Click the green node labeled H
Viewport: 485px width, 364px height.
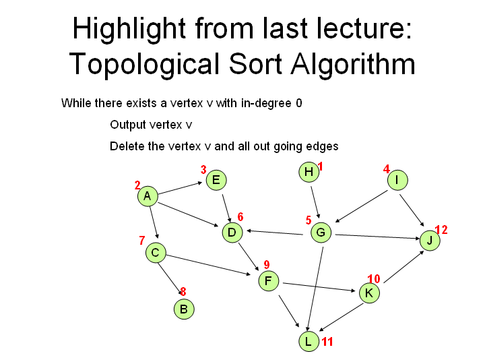(309, 172)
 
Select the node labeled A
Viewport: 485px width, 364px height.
(148, 196)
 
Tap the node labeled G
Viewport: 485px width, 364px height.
(321, 233)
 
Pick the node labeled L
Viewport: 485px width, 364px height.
(309, 341)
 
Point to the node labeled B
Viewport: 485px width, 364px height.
(184, 309)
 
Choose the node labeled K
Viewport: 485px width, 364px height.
(369, 293)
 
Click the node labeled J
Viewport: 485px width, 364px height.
(430, 241)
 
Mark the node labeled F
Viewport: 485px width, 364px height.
(268, 281)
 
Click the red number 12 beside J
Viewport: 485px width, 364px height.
(441, 230)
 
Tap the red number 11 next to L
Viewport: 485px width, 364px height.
(327, 342)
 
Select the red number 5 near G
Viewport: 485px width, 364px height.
(309, 220)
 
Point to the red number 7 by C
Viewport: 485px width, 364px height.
(142, 240)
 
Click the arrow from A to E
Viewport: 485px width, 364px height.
(181, 188)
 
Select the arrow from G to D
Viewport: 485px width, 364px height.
(275, 233)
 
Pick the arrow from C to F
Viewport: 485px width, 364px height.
(209, 265)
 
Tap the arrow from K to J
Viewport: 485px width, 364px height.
(404, 266)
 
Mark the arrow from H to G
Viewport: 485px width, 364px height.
(315, 202)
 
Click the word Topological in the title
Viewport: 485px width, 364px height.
(144, 64)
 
